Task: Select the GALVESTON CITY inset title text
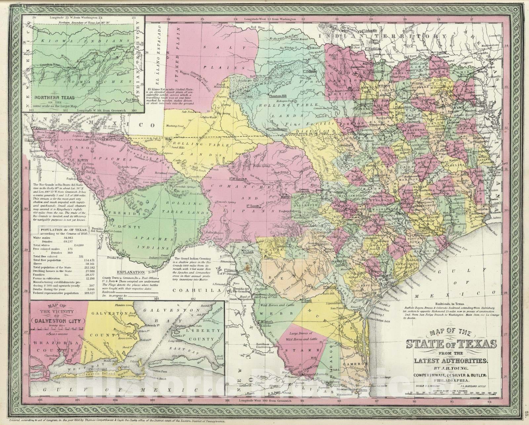[x=58, y=321]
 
